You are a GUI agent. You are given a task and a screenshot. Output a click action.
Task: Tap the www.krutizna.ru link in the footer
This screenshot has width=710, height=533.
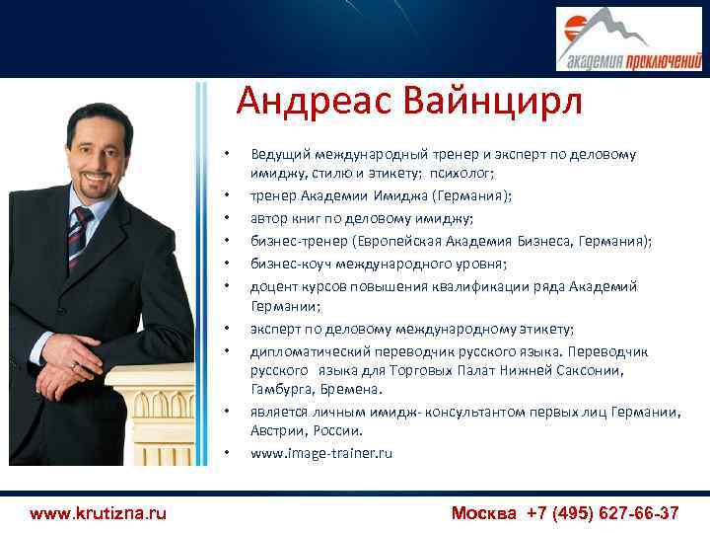click(98, 513)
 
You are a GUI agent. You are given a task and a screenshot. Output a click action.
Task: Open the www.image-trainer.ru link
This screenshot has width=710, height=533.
click(321, 453)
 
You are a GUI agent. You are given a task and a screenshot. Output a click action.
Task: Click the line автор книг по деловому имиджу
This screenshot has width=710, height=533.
click(361, 218)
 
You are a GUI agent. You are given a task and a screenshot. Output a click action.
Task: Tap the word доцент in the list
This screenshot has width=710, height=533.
click(273, 286)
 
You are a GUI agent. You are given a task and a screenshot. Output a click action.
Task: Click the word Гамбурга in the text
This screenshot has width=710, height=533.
click(282, 390)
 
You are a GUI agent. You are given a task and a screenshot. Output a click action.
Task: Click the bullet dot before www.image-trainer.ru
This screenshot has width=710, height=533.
click(227, 454)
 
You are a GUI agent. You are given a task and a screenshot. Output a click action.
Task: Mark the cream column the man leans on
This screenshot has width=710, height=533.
click(158, 415)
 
